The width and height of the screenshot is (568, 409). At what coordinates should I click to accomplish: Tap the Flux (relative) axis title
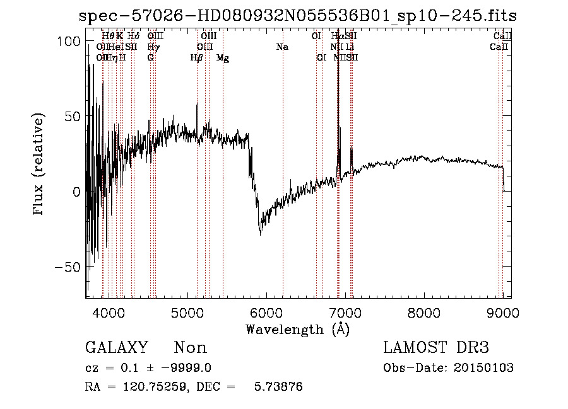[39, 164]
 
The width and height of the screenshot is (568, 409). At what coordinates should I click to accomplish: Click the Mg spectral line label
[223, 58]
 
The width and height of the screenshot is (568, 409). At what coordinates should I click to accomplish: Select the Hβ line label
[197, 58]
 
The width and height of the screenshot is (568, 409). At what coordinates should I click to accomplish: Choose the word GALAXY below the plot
[117, 348]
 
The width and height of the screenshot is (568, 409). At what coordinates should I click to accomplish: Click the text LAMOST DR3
[436, 348]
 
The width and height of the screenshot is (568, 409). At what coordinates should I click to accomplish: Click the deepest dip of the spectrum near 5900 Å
[261, 234]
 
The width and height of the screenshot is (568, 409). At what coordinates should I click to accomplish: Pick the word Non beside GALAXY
[190, 348]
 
